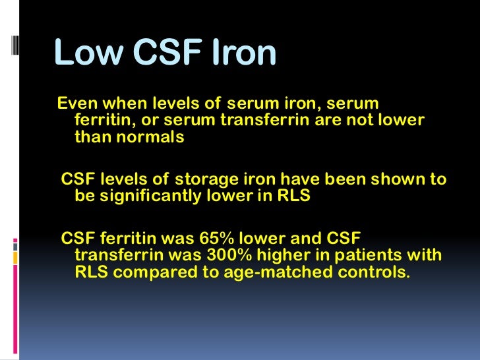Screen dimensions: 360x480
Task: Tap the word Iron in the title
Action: coord(241,53)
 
